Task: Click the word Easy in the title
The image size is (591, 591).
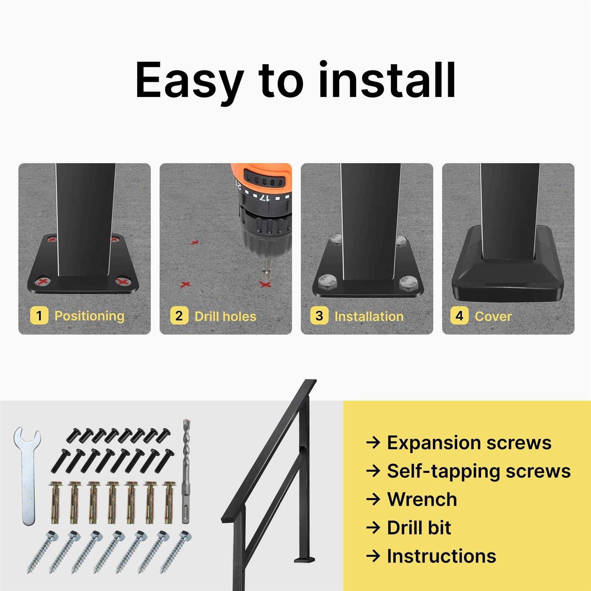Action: click(x=188, y=81)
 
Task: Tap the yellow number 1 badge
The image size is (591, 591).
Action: click(x=39, y=316)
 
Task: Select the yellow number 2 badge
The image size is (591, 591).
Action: click(x=179, y=316)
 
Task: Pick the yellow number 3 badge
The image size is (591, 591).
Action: click(x=319, y=316)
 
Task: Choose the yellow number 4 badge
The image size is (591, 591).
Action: click(x=459, y=316)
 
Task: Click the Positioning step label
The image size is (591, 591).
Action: click(x=89, y=316)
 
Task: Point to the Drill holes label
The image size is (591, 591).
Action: click(x=225, y=316)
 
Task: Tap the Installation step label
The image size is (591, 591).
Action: click(x=369, y=316)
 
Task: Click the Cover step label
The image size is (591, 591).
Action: click(x=493, y=316)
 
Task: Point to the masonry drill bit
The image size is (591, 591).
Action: click(x=186, y=471)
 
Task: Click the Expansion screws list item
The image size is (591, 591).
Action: click(x=469, y=442)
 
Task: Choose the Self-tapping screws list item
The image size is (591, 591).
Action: click(x=479, y=471)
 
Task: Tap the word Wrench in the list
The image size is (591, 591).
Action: click(x=422, y=499)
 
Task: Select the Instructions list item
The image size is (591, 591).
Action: click(x=441, y=556)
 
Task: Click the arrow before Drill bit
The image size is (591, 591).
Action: click(x=373, y=528)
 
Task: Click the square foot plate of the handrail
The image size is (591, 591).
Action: click(x=305, y=559)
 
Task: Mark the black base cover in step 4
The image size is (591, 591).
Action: click(x=509, y=272)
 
